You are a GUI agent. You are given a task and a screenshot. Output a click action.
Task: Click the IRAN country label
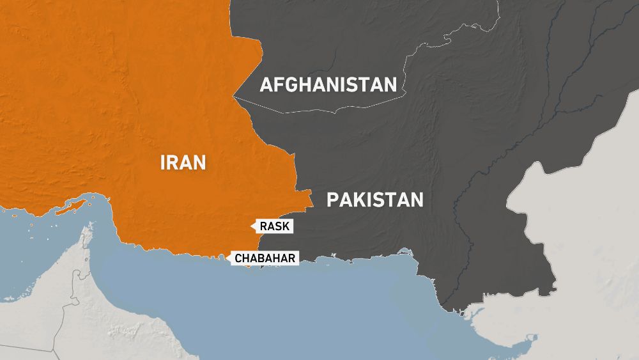183,162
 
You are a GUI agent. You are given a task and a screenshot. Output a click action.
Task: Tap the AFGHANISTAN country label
328,85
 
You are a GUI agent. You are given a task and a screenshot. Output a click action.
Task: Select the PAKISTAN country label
374,200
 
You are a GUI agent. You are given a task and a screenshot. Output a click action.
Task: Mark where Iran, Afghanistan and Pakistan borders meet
234,97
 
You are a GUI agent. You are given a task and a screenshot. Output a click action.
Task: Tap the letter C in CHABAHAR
239,258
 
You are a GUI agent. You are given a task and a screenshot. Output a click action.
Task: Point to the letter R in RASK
264,226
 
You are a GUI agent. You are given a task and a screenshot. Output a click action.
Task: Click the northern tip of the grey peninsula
86,228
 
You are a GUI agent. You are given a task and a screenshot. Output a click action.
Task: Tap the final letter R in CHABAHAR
293,258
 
